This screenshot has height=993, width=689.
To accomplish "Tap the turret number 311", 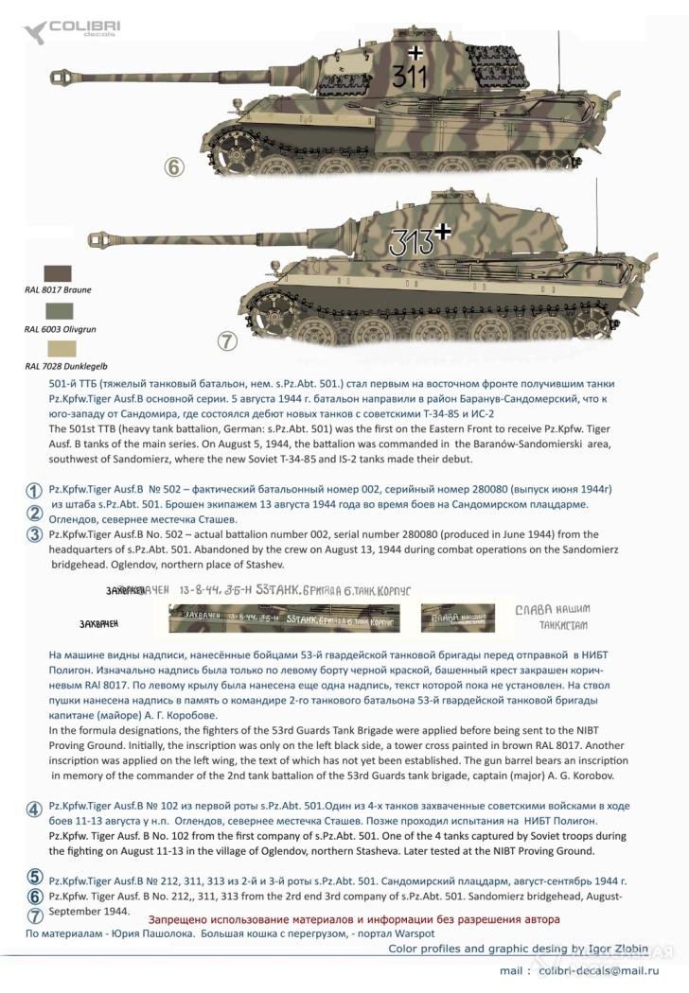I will click(409, 78).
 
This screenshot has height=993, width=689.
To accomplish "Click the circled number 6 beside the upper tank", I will click(172, 167).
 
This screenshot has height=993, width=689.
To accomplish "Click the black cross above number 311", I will click(414, 51).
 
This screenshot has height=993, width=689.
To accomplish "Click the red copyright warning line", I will click(354, 919).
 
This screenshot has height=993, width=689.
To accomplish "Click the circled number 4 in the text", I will click(34, 809).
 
